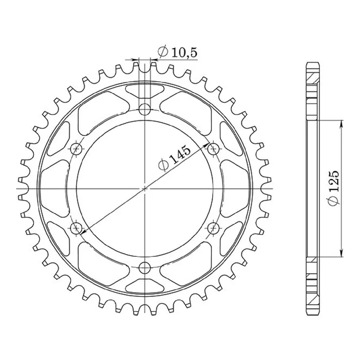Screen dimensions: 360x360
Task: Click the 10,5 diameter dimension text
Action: pyautogui.click(x=184, y=53)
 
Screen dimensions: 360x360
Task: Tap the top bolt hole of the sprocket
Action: pyautogui.click(x=144, y=109)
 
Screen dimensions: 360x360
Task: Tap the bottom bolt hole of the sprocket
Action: pyautogui.click(x=144, y=268)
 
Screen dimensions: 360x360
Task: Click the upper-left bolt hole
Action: pyautogui.click(x=76, y=149)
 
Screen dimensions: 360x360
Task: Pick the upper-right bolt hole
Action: pyautogui.click(x=213, y=149)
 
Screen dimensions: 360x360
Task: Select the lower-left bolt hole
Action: pyautogui.click(x=76, y=228)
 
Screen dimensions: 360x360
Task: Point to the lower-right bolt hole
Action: pyautogui.click(x=213, y=228)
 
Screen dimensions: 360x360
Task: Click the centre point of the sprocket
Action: pyautogui.click(x=144, y=189)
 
